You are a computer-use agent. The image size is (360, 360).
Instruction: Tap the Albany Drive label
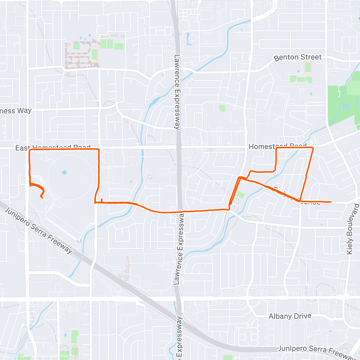(290, 316)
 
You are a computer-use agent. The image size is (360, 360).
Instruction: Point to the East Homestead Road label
(53, 147)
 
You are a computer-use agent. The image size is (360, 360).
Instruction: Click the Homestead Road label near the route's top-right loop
(277, 146)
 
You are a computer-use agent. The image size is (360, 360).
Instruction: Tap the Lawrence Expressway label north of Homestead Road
(177, 92)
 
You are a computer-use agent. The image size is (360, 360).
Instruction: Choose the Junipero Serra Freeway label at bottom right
(317, 352)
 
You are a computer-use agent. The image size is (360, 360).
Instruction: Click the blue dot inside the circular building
(64, 172)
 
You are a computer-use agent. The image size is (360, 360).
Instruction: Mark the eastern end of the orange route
(331, 202)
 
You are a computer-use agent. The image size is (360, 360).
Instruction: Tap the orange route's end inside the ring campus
(42, 197)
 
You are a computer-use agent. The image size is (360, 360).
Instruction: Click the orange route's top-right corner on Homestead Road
(313, 148)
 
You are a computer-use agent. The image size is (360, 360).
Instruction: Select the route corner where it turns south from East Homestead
(99, 150)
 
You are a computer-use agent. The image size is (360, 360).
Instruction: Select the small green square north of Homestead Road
(222, 108)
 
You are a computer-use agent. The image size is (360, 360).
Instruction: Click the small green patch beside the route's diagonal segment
(240, 195)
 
